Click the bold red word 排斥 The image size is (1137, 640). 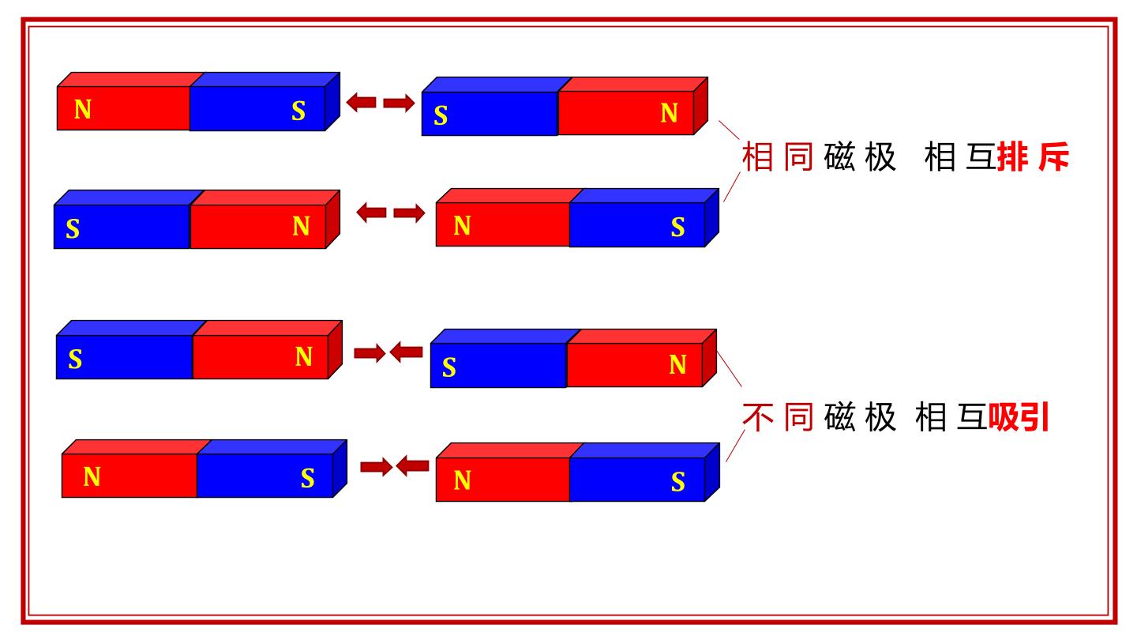[x=1034, y=157]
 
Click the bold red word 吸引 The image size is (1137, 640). [x=1018, y=417]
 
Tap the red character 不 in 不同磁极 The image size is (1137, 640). [x=758, y=417]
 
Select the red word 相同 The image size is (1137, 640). [x=778, y=157]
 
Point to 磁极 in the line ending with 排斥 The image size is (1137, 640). [x=860, y=157]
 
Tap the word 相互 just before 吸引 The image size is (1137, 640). [x=951, y=417]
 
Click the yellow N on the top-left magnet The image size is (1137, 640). [x=83, y=109]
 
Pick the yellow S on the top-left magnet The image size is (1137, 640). [x=298, y=111]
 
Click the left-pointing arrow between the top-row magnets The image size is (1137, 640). [x=361, y=103]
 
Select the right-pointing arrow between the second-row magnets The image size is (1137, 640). [x=409, y=213]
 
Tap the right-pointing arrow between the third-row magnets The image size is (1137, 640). [x=370, y=353]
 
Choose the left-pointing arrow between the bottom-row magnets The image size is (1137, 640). [x=413, y=466]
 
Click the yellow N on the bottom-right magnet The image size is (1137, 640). [x=462, y=480]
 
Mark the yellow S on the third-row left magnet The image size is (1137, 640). [x=75, y=359]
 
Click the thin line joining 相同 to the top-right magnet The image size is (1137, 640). [x=730, y=130]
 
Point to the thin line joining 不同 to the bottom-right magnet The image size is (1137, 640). [x=736, y=446]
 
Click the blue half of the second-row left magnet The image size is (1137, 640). [x=122, y=227]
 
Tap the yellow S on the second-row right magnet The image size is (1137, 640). [x=677, y=227]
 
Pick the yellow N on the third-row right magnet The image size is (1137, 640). [x=677, y=365]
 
